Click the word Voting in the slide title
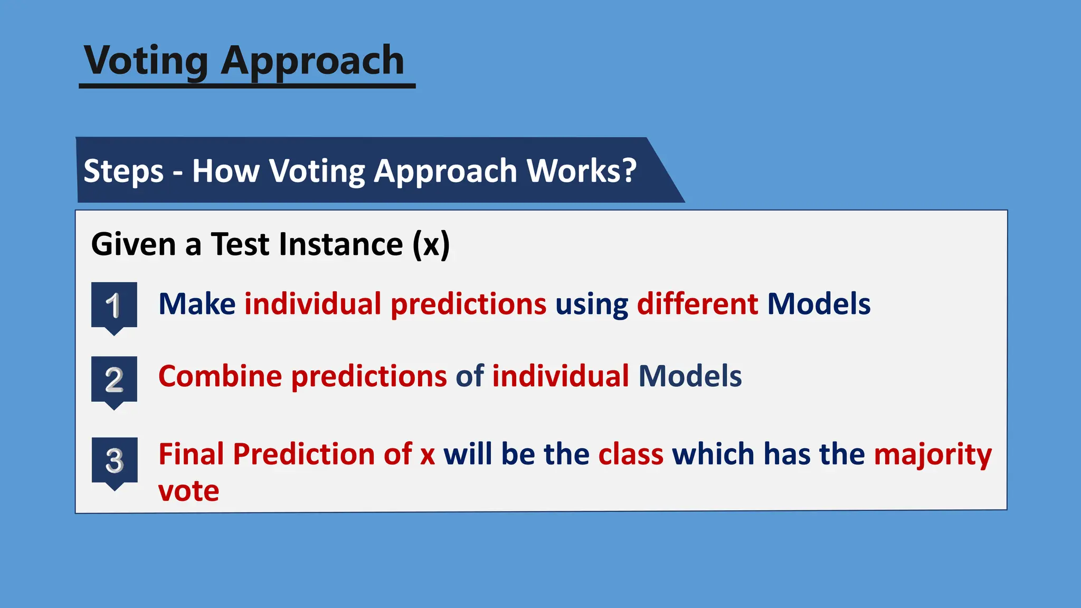pyautogui.click(x=146, y=61)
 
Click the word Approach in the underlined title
pyautogui.click(x=312, y=61)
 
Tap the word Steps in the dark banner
pyautogui.click(x=124, y=171)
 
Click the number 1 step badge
pyautogui.click(x=114, y=306)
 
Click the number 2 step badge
pyautogui.click(x=114, y=380)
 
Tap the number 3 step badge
pyautogui.click(x=115, y=461)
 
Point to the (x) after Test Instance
pyautogui.click(x=431, y=244)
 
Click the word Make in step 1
pyautogui.click(x=197, y=304)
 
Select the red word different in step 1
pyautogui.click(x=697, y=304)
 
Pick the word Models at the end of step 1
pyautogui.click(x=818, y=304)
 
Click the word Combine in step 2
pyautogui.click(x=220, y=376)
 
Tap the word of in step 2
pyautogui.click(x=469, y=376)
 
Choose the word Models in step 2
pyautogui.click(x=689, y=376)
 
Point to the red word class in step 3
pyautogui.click(x=631, y=454)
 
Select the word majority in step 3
pyautogui.click(x=933, y=455)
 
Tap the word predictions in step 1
pyautogui.click(x=468, y=305)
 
